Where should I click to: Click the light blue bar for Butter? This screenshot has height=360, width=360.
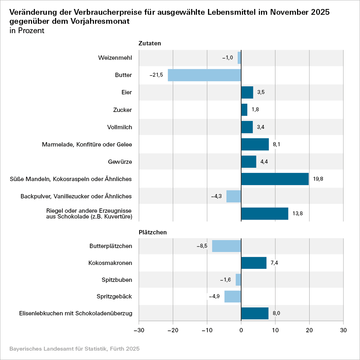204,75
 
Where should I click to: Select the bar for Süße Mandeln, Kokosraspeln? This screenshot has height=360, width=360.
275,179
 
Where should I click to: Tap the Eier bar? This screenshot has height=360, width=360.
247,93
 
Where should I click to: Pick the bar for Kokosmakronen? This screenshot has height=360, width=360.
254,263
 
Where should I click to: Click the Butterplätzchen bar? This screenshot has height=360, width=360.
226,246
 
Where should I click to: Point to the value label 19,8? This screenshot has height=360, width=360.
319,179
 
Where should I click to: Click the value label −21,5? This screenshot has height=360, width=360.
156,75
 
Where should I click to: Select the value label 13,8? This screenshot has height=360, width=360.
298,213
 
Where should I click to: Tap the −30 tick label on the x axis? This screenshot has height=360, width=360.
139,330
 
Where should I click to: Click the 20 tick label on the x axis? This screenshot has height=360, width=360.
309,330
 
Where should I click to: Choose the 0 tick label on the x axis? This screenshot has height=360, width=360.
241,330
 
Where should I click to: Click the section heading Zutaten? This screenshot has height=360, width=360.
149,43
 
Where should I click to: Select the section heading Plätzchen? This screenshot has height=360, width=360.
153,232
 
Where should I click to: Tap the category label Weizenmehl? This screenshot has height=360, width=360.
115,58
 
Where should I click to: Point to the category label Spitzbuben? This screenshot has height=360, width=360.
117,280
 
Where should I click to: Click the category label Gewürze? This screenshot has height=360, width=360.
120,162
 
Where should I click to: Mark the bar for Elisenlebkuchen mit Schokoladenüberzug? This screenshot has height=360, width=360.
255,313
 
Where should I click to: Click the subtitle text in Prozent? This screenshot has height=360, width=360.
27,31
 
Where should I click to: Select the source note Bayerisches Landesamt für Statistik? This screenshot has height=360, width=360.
74,349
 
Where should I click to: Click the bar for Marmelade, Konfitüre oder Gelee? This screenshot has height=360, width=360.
255,144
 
